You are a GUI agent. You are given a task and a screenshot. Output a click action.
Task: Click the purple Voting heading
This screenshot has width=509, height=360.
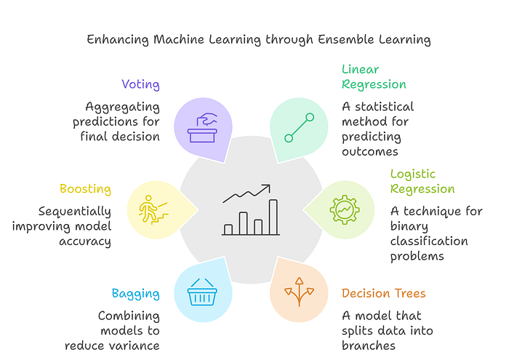click(x=140, y=84)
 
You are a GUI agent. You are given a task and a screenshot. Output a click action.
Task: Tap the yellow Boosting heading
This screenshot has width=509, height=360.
click(x=85, y=189)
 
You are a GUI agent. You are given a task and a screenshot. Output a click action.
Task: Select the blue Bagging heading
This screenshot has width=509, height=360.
click(x=135, y=294)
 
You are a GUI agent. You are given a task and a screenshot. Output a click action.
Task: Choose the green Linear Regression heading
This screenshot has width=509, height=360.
click(x=374, y=76)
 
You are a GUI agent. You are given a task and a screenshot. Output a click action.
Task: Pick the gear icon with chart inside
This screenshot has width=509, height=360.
click(x=344, y=209)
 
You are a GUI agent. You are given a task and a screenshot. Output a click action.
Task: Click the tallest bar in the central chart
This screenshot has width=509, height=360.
click(x=273, y=217)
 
